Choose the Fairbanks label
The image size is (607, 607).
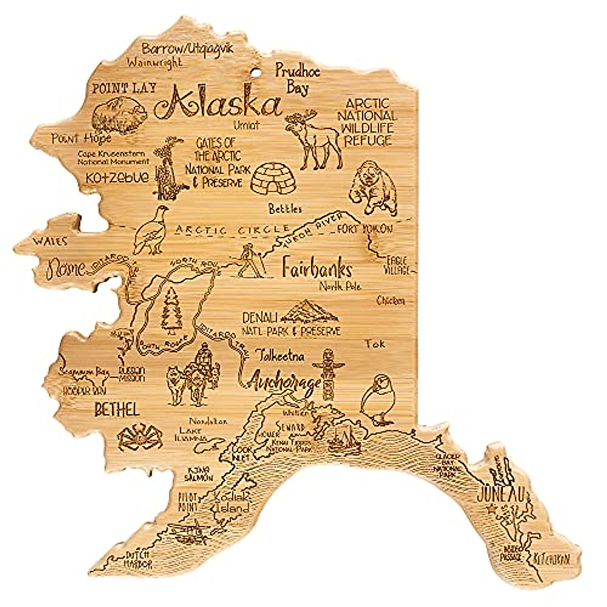[x=317, y=269]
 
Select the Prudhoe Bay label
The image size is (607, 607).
[x=297, y=79]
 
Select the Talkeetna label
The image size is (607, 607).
[x=280, y=356]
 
